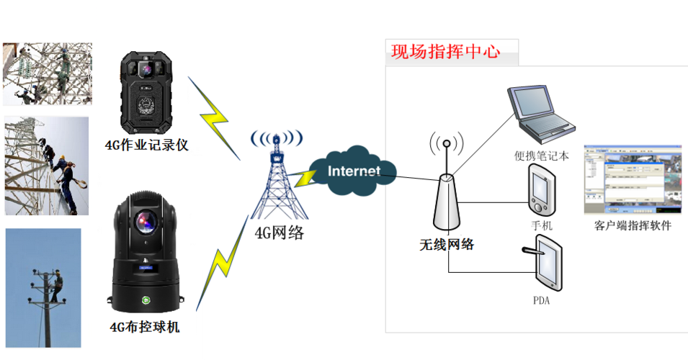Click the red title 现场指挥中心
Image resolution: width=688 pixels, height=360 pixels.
click(445, 52)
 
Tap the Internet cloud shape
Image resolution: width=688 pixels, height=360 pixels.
click(354, 172)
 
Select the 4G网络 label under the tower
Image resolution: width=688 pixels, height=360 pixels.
click(279, 232)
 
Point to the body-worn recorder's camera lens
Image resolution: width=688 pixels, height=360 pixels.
click(147, 70)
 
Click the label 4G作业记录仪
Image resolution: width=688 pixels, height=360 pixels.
click(146, 145)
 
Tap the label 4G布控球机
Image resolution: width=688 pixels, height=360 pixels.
click(145, 328)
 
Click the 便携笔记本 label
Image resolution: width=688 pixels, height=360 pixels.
click(542, 156)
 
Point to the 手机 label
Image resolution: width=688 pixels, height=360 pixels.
click(542, 226)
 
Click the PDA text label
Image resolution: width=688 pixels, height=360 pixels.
click(542, 301)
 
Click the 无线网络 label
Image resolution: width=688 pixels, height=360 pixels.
click(447, 244)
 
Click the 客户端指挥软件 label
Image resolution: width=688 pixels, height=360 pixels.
click(633, 225)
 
